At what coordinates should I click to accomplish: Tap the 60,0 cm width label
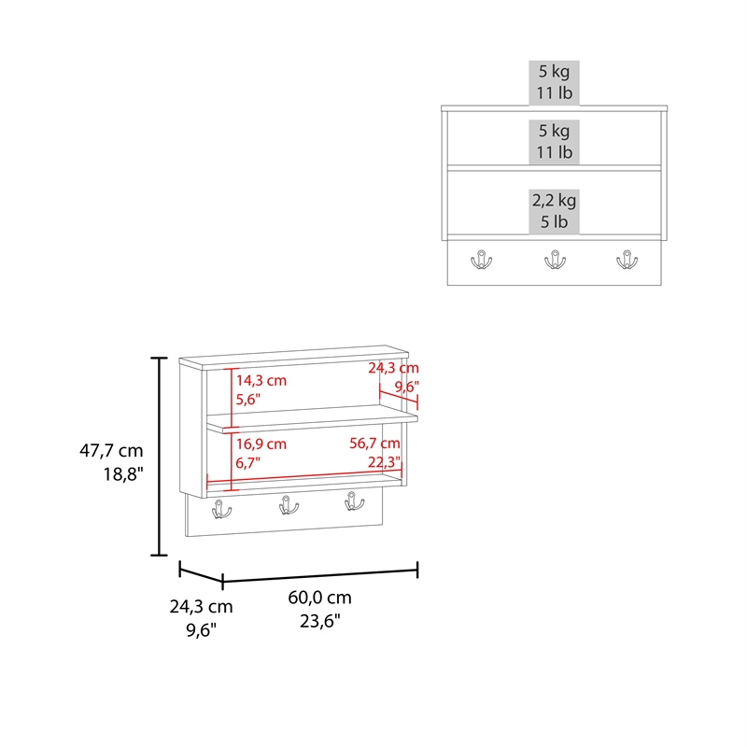click(x=319, y=598)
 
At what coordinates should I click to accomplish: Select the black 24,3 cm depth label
click(x=201, y=606)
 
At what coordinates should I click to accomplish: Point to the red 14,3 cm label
click(x=261, y=380)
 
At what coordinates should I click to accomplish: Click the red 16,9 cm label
click(x=261, y=444)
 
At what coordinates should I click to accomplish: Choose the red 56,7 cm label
click(x=375, y=444)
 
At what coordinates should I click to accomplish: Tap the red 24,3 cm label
click(x=393, y=369)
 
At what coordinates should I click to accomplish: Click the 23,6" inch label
click(x=320, y=621)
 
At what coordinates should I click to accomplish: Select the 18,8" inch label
click(x=121, y=474)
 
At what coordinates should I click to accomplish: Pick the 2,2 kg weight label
click(x=555, y=200)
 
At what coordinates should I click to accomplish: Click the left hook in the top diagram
click(x=482, y=260)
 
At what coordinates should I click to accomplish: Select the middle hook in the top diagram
click(x=555, y=260)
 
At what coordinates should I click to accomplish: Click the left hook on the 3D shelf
click(x=221, y=509)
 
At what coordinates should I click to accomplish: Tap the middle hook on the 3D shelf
click(x=287, y=505)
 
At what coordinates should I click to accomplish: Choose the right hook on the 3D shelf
click(x=352, y=501)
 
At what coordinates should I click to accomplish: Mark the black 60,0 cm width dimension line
click(x=319, y=572)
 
